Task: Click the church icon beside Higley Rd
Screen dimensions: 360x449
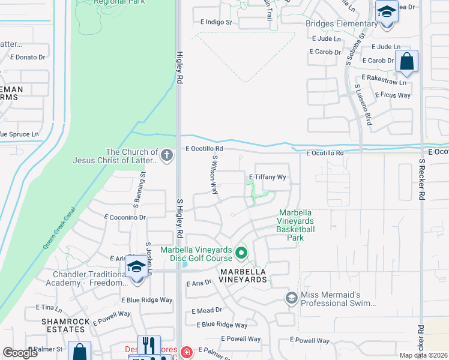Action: [x=167, y=156]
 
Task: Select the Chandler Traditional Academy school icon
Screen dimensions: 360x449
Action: [x=136, y=267]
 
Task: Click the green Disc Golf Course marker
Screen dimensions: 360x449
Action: [x=241, y=254]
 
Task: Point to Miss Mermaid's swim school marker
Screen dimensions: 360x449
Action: [x=292, y=298]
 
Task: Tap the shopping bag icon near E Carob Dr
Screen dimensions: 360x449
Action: [x=406, y=62]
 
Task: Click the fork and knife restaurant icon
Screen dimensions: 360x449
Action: [x=148, y=346]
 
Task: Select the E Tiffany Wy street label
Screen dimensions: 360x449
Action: [x=267, y=178]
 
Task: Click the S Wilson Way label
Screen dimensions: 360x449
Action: [x=214, y=174]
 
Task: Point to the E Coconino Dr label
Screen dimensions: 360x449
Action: [x=125, y=217]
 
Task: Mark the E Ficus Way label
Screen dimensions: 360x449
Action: [x=393, y=95]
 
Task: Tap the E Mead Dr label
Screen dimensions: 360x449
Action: [x=206, y=311]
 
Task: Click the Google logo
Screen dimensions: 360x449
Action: [x=20, y=353]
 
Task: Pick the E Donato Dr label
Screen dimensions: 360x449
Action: [x=28, y=58]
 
